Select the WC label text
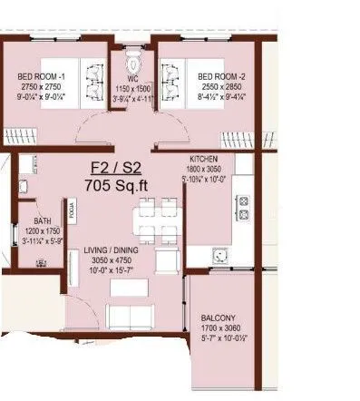131,78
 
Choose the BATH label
42,220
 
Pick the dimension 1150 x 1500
131,88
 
